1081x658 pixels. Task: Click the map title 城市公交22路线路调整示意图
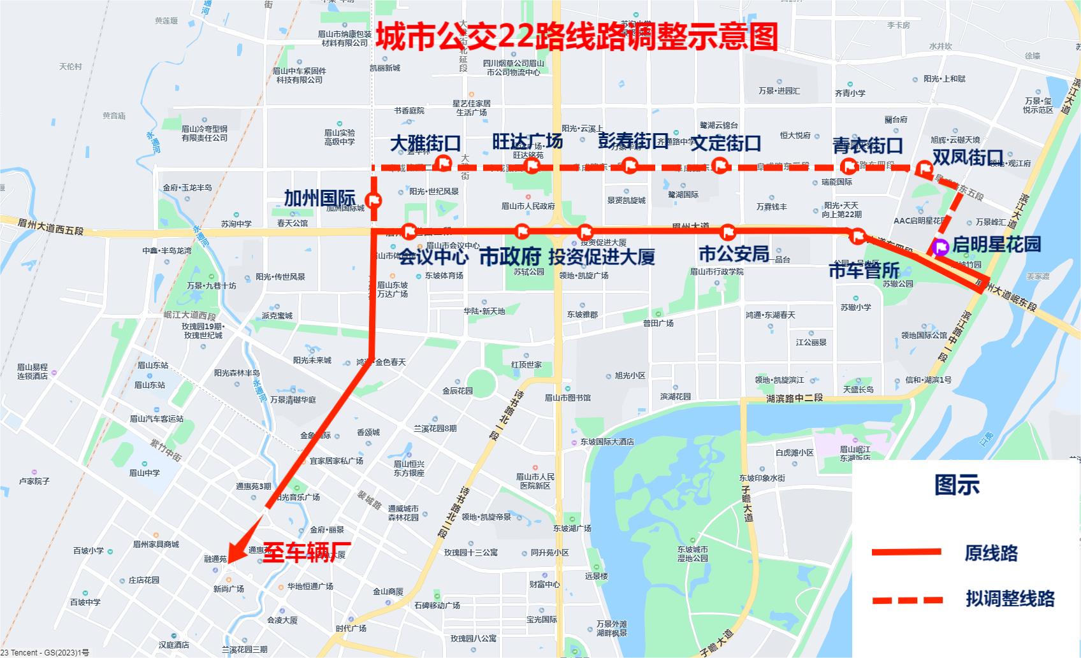point(576,37)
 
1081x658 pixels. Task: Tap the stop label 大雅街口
point(425,143)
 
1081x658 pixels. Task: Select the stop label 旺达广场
point(527,141)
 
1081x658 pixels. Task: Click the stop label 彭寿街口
point(633,141)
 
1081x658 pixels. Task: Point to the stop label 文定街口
point(726,143)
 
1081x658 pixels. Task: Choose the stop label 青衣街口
point(867,145)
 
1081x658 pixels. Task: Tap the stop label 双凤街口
point(968,157)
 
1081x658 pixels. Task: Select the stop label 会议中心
point(433,257)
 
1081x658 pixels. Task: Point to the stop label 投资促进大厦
point(602,257)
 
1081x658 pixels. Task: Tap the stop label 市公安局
point(734,254)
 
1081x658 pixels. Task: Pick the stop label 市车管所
point(864,271)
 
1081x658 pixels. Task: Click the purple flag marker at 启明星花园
point(940,247)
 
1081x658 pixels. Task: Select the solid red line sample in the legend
point(906,552)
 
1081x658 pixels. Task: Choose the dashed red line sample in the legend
point(907,599)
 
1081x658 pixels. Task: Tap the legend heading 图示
point(957,485)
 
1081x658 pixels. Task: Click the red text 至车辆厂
point(307,552)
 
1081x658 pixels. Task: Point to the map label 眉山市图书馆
point(568,397)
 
